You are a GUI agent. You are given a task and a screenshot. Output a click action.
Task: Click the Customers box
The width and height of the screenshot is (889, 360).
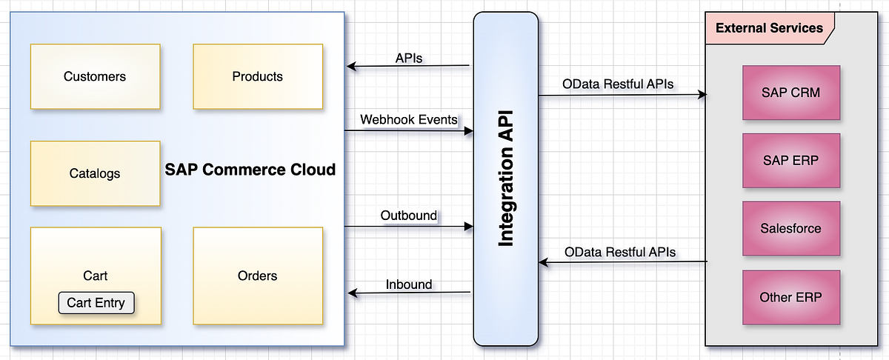95,76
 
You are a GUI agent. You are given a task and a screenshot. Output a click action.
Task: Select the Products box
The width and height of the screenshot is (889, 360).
257,76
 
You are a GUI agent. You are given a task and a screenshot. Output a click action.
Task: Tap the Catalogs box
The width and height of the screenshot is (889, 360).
95,173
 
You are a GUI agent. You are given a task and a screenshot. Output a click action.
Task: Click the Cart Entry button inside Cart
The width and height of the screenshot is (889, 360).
96,302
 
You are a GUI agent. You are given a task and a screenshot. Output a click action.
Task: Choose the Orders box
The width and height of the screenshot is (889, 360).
257,276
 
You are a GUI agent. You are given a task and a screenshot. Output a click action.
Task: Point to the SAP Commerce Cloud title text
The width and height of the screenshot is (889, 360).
250,170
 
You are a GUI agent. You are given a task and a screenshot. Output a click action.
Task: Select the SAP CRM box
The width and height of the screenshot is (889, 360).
790,93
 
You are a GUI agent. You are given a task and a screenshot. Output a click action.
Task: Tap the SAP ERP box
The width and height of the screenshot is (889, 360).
790,160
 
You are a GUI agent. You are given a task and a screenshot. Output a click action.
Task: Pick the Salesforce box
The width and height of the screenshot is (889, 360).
790,228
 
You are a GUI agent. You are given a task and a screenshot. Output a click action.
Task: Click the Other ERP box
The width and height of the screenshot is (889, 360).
790,298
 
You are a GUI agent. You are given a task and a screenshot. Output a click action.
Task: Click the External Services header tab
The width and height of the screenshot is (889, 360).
769,29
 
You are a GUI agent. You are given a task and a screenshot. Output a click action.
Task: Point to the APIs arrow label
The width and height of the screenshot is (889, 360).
409,58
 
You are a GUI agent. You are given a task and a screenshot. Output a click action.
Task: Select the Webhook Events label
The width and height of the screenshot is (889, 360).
408,119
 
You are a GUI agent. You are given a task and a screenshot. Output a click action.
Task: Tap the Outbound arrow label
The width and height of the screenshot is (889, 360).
409,216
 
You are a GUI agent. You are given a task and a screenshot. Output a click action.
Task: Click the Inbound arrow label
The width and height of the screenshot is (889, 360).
409,284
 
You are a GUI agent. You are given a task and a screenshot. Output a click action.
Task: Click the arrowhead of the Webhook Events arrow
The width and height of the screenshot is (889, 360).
468,132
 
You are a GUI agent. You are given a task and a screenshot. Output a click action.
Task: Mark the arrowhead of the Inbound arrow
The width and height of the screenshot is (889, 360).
352,294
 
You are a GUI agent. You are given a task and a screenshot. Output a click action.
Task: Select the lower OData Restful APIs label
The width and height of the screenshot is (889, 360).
619,252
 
